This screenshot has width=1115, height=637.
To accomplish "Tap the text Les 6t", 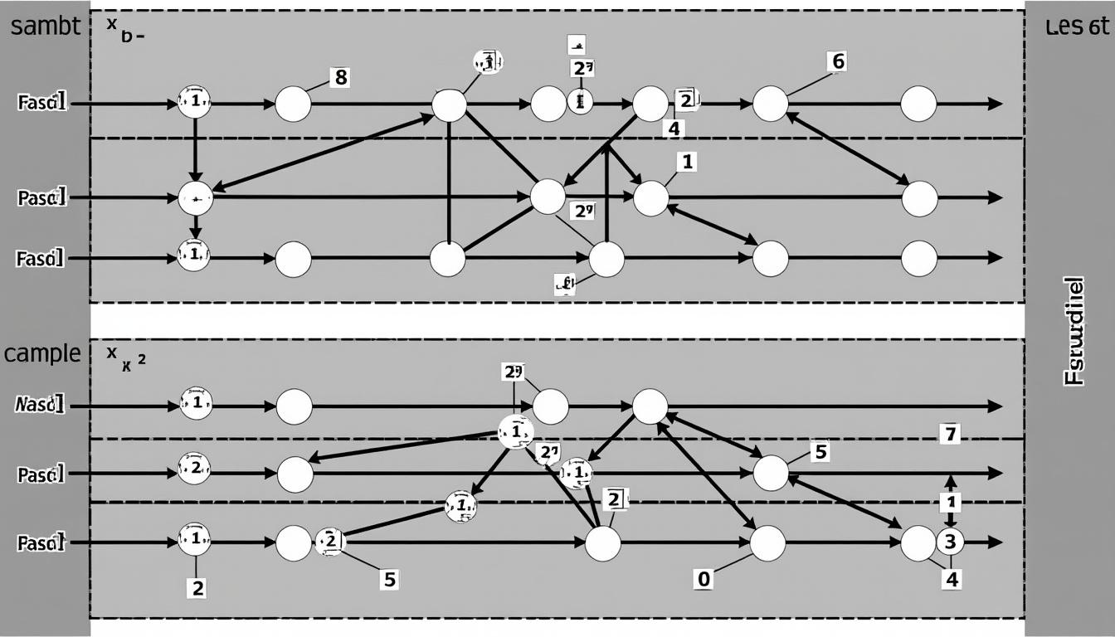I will click(1077, 27).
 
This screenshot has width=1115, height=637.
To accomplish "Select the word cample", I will click(42, 353).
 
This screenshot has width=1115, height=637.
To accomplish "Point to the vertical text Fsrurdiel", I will click(1074, 331).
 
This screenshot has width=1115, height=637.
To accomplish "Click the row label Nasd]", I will click(40, 406).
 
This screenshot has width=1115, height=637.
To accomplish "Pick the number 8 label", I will click(339, 78).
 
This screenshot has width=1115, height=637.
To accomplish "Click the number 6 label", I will click(838, 61).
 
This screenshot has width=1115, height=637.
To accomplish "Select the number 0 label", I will click(703, 579).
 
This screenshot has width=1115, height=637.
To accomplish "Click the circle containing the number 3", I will click(951, 542).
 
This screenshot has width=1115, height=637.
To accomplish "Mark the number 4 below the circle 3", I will click(952, 579).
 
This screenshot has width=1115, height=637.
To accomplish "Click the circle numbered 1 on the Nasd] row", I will click(196, 404).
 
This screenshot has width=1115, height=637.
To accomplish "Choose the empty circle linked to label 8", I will click(293, 104).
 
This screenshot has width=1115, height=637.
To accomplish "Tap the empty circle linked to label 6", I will click(770, 104).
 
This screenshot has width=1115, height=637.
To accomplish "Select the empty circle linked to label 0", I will click(767, 543).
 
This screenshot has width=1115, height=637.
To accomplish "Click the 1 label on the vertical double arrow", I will click(952, 502).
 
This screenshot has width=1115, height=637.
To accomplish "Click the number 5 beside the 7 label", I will click(820, 452).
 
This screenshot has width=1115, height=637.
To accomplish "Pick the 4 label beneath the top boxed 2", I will click(673, 129).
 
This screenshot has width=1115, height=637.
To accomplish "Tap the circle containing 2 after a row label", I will click(194, 468).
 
